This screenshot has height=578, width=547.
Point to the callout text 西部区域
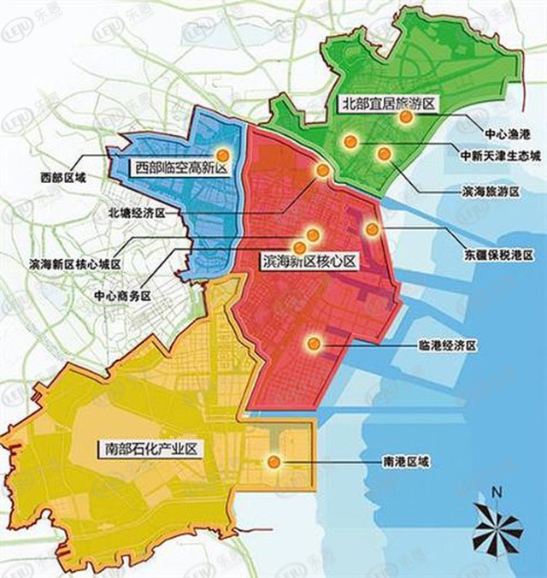tap(62, 178)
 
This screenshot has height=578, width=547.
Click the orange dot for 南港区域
tap(273, 463)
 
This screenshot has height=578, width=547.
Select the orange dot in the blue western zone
tap(222, 155)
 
